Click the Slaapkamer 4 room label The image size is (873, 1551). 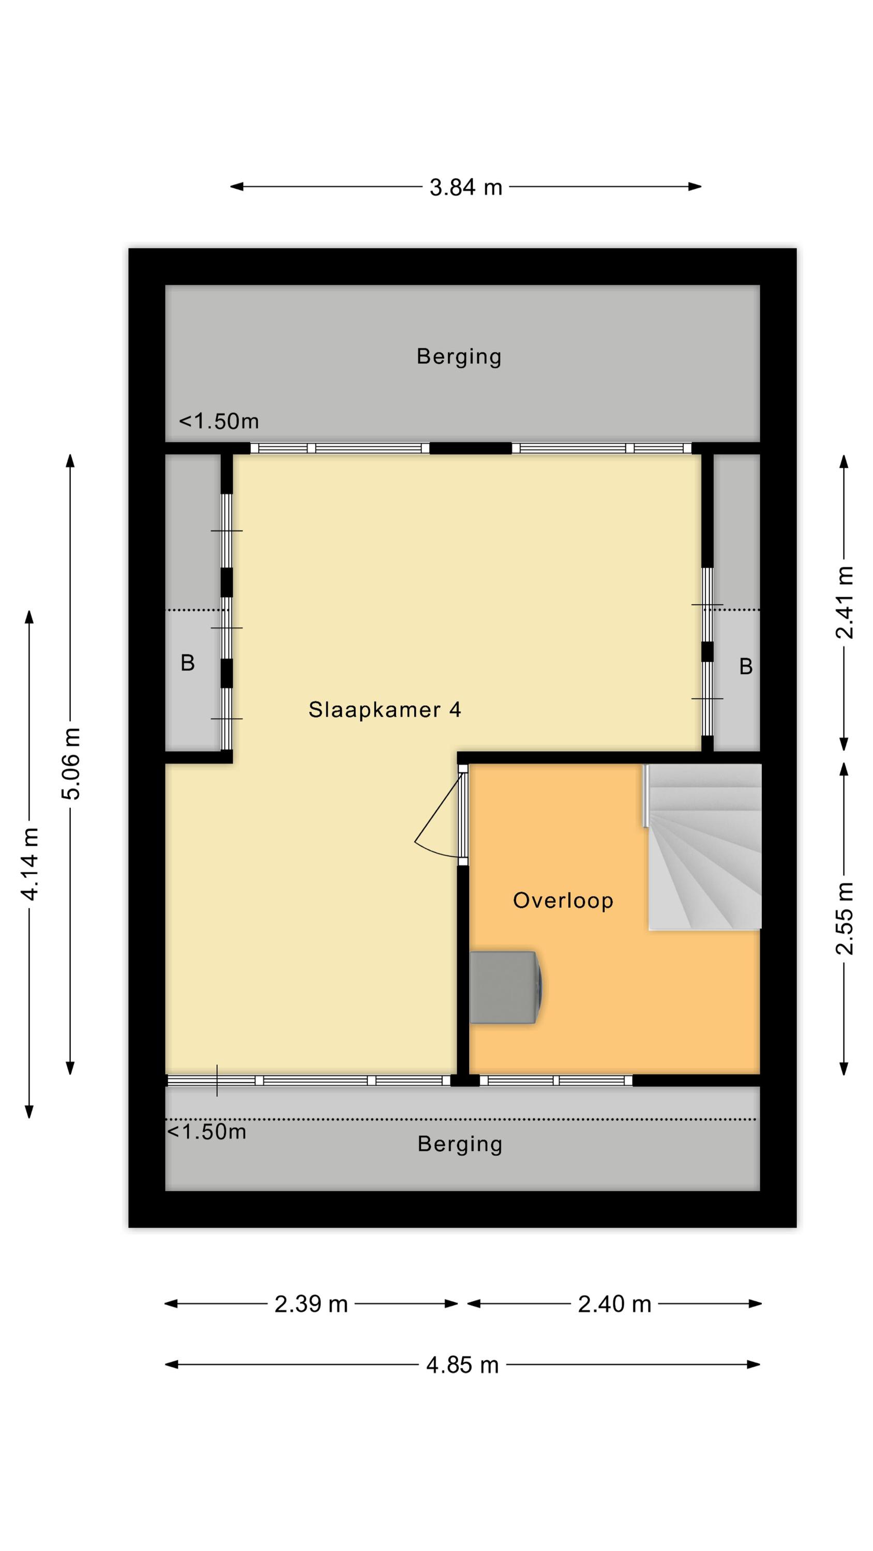(384, 710)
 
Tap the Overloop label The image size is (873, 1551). (563, 900)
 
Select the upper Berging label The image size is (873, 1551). (459, 356)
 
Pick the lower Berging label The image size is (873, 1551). (460, 1144)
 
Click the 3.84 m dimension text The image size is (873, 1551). (465, 187)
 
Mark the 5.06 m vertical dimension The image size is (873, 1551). (70, 764)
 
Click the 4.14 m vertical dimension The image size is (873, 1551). (29, 863)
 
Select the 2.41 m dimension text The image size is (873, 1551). (845, 602)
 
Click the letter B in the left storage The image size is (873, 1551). (188, 663)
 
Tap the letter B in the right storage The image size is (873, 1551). (746, 666)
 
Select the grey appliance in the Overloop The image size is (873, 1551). (506, 987)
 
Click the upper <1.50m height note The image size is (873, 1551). (219, 421)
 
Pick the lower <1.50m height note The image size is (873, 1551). (206, 1132)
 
